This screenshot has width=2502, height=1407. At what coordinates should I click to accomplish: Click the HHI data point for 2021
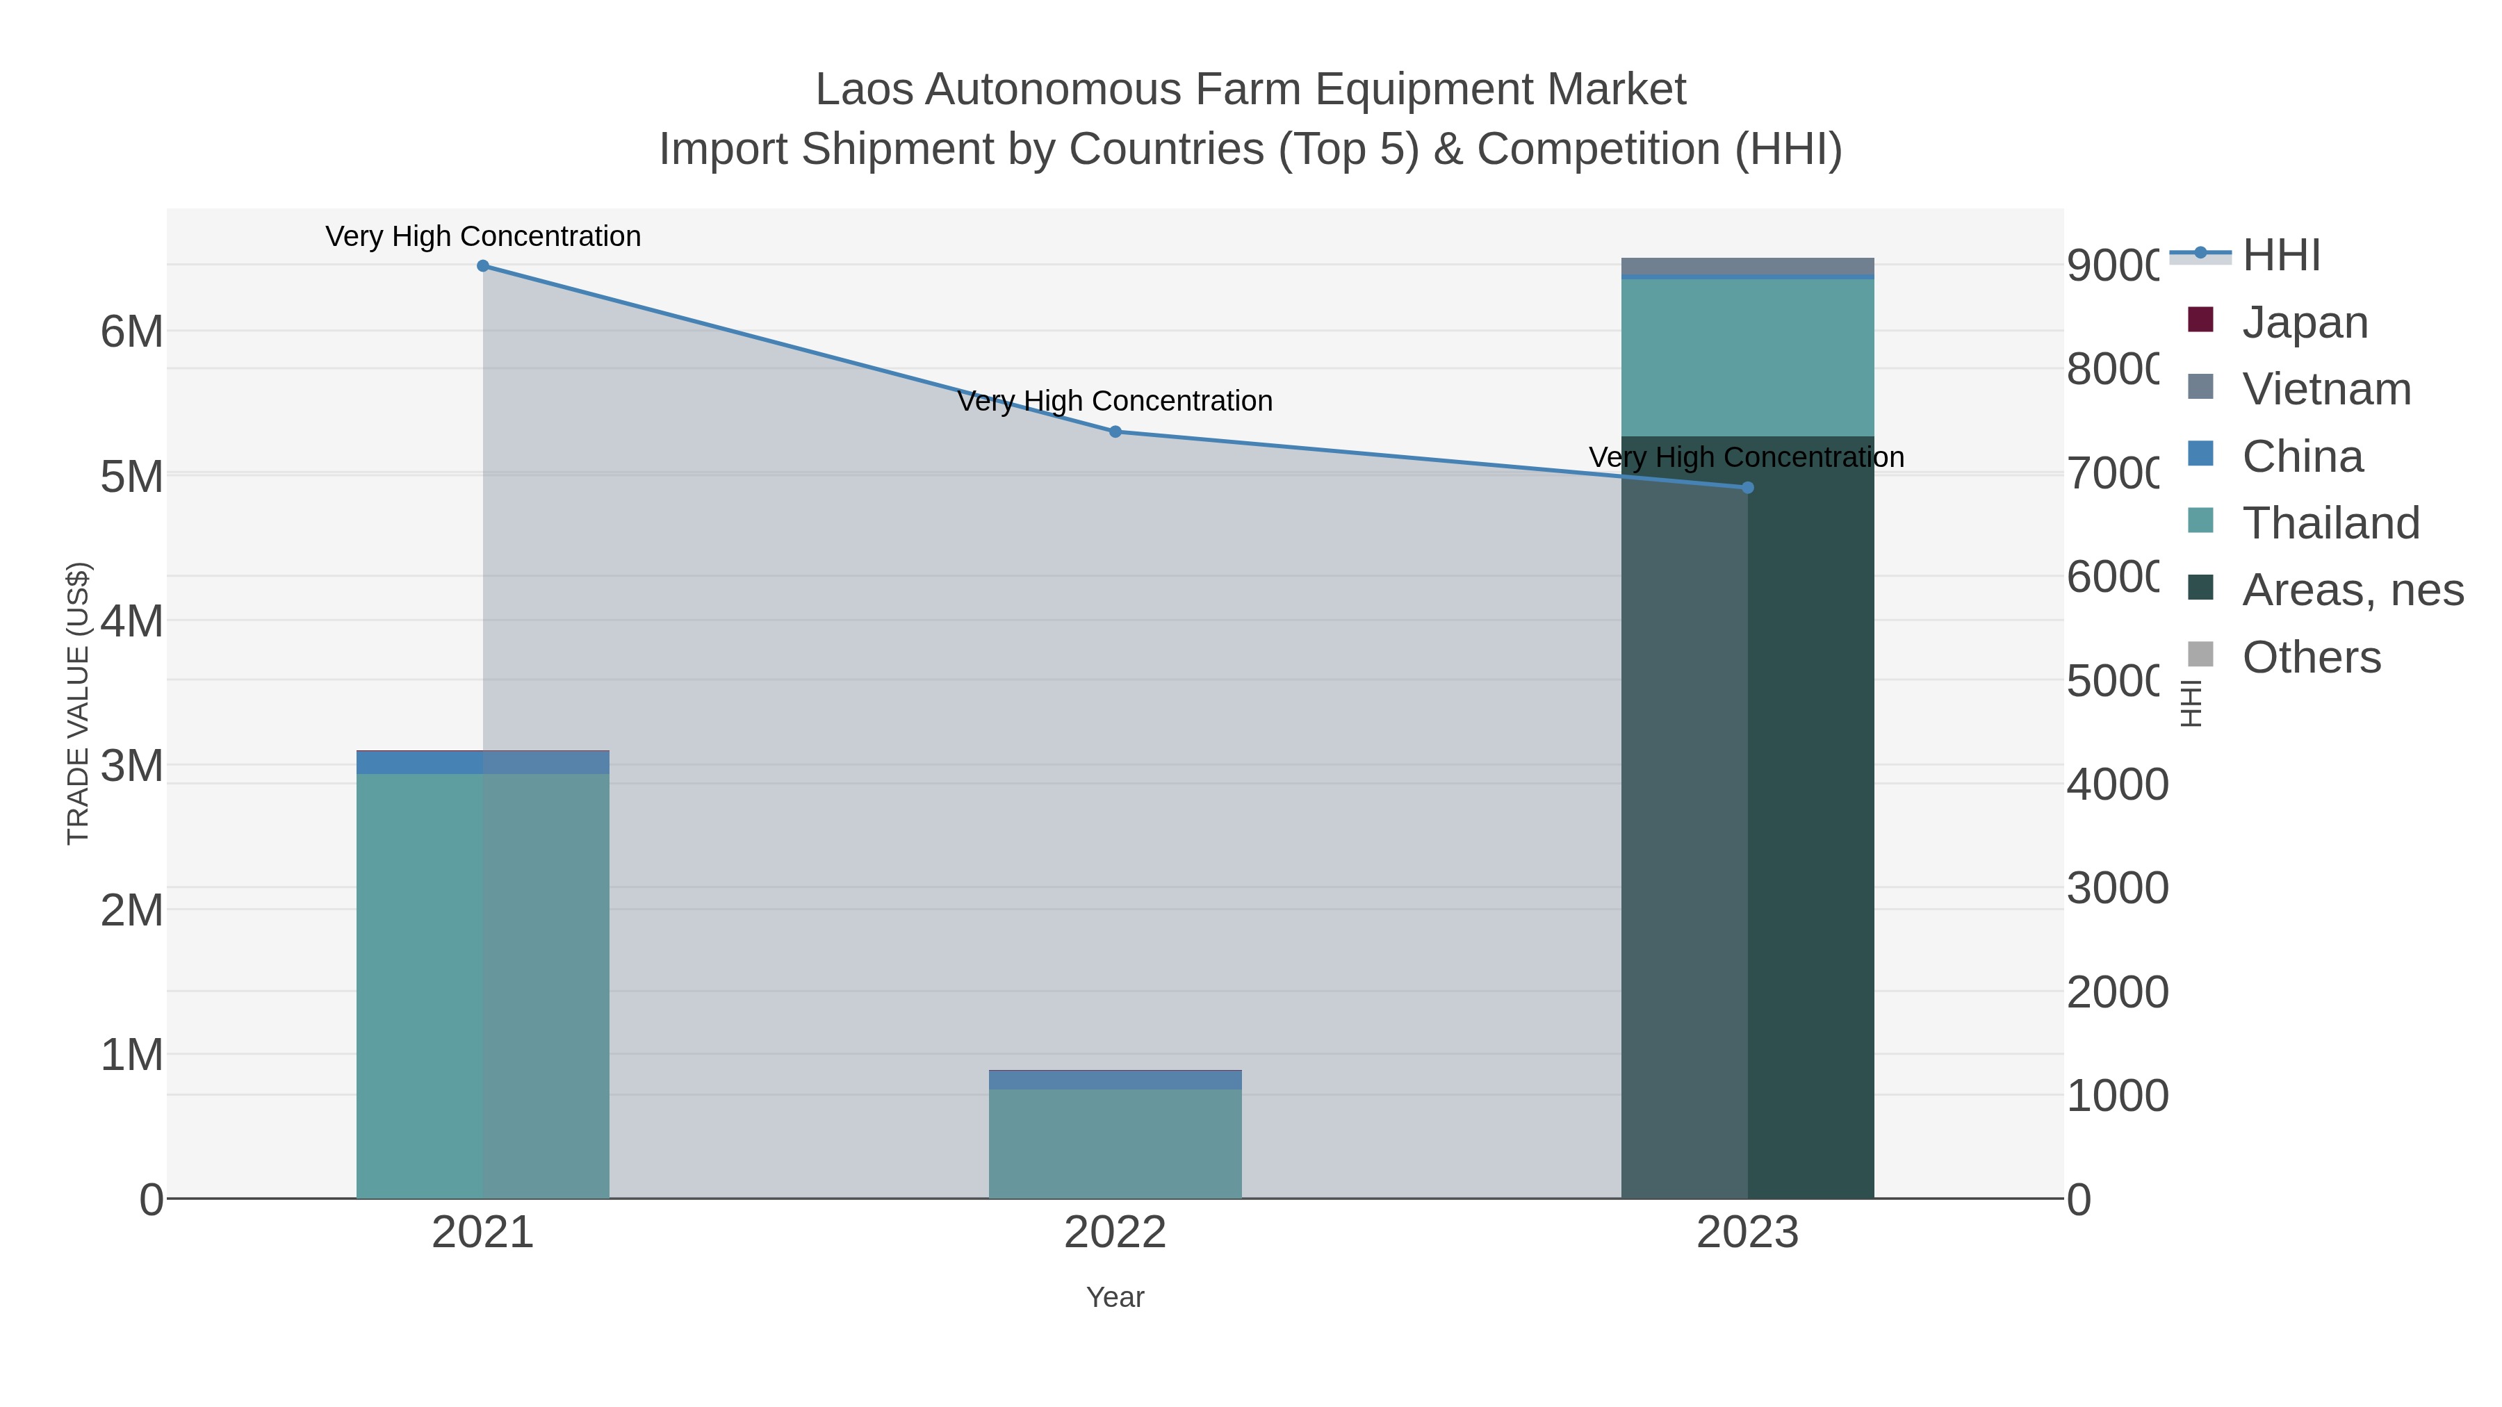[x=483, y=266]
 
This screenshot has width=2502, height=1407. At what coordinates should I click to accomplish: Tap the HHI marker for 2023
[x=1747, y=488]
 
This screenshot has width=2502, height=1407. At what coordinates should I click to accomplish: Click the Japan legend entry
[x=2305, y=322]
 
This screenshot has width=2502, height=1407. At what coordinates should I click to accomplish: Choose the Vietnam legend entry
[x=2326, y=389]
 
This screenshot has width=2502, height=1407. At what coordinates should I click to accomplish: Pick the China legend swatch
[x=2201, y=454]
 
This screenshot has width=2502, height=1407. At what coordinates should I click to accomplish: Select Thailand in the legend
[x=2330, y=523]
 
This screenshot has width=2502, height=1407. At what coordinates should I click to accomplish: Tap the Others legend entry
[x=2311, y=657]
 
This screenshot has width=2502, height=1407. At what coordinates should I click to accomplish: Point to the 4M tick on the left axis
[x=132, y=621]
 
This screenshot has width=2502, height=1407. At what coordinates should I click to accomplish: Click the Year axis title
[x=1115, y=1297]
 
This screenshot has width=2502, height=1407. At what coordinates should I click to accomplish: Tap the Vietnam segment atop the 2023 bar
[x=1747, y=266]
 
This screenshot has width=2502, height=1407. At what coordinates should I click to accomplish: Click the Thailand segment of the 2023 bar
[x=1747, y=357]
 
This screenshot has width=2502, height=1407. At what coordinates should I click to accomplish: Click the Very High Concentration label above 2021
[x=483, y=237]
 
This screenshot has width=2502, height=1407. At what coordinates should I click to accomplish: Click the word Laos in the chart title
[x=862, y=90]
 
